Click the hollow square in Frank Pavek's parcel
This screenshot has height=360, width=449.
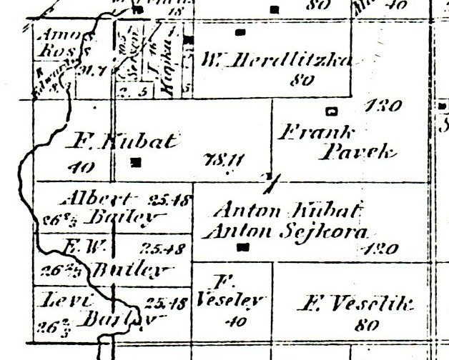[x=330, y=111]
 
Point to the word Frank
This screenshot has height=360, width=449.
[x=307, y=132]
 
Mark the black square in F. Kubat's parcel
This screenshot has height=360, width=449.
[x=137, y=162]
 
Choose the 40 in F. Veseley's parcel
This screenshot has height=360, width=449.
[x=235, y=322]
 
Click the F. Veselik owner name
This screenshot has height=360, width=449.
[x=353, y=305]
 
